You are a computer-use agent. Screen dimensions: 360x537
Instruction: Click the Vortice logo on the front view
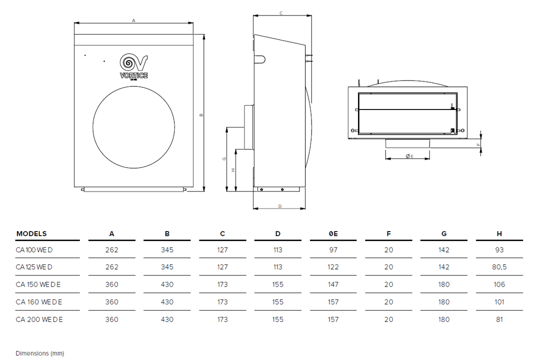point(133,67)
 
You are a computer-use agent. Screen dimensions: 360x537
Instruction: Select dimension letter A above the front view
point(133,20)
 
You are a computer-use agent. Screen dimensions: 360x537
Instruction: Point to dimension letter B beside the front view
point(201,114)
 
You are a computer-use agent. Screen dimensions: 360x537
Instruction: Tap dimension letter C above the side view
point(281,13)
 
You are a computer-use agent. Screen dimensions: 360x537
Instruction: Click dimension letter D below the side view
point(279,206)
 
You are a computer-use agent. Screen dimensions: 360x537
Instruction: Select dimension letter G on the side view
point(224,158)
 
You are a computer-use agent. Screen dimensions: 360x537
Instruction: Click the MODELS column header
point(31,233)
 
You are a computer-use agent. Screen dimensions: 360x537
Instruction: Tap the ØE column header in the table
point(333,233)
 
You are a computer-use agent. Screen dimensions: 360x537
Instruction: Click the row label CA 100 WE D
point(34,250)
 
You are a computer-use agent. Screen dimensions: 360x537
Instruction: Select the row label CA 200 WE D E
point(39,319)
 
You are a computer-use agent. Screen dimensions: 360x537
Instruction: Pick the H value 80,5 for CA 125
point(499,267)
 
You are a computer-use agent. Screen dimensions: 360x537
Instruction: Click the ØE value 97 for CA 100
point(333,250)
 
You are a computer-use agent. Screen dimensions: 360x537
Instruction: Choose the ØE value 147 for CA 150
point(333,284)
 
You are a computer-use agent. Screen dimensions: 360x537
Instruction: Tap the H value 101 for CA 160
point(499,302)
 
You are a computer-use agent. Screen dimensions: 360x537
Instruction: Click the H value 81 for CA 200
point(499,319)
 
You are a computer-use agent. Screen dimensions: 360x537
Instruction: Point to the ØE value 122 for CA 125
point(333,267)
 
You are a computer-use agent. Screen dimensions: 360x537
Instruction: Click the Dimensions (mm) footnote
point(39,353)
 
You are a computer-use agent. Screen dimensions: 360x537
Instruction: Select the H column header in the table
point(499,233)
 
